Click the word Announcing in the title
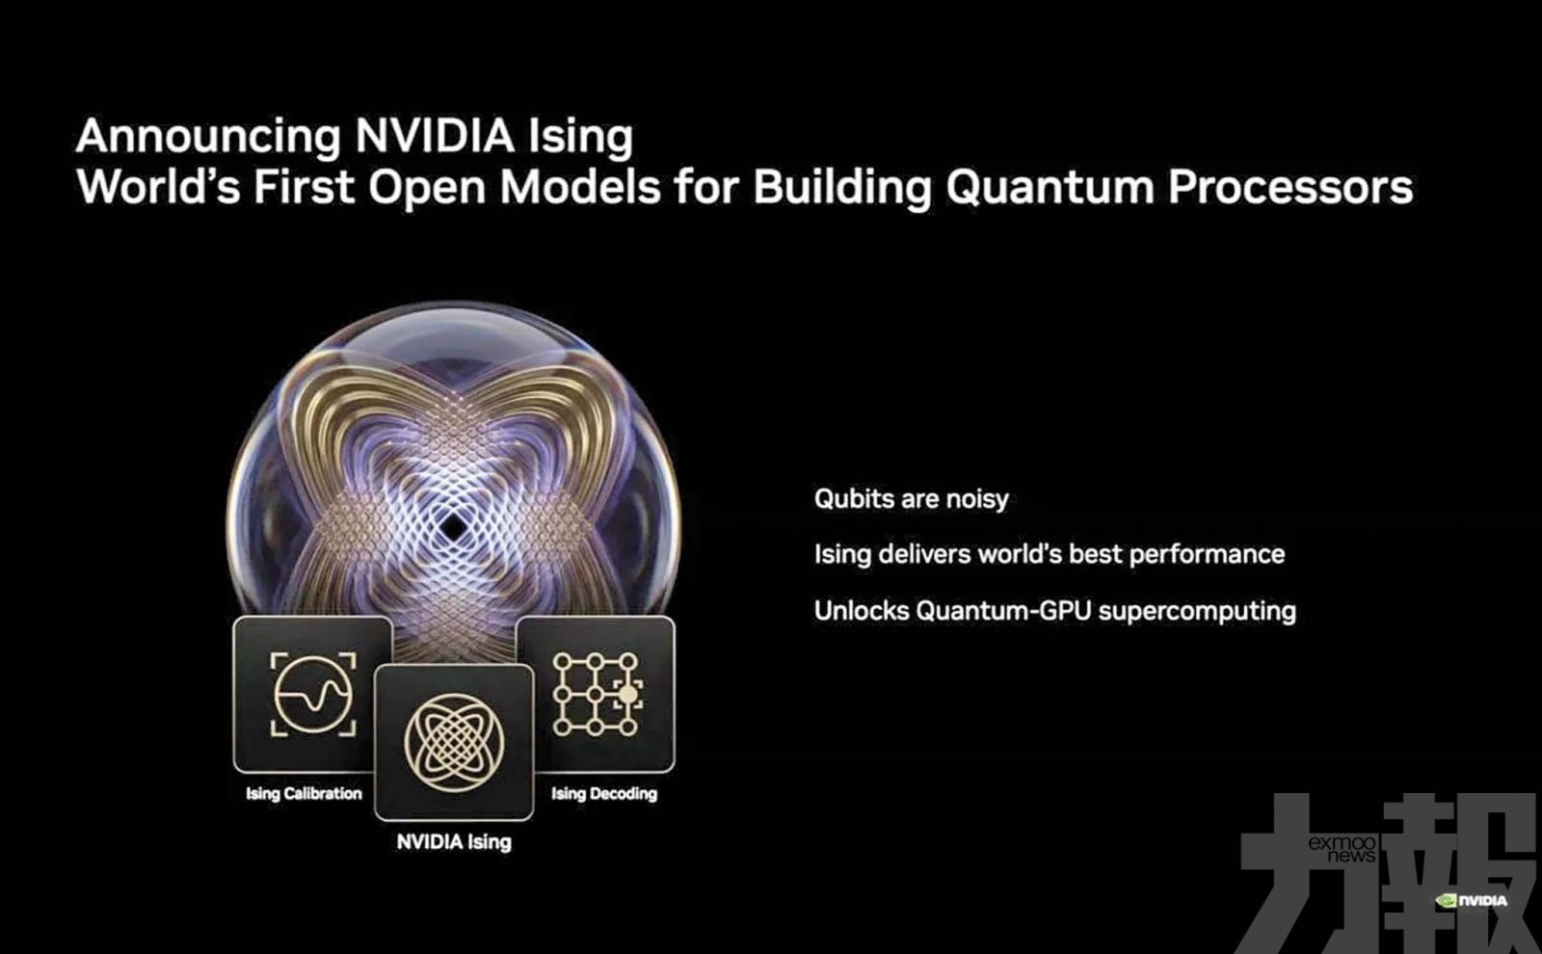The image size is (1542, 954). pos(208,136)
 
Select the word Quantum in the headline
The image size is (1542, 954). pos(1050,188)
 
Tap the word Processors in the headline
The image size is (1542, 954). pos(1290,188)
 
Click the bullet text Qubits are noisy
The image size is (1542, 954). pos(912,499)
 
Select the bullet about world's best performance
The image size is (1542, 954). pos(1050,554)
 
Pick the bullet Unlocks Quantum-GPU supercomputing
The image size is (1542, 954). pos(1055,611)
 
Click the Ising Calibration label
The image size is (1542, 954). pos(304,794)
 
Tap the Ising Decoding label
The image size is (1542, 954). pos(603,794)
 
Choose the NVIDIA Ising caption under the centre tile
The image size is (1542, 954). pos(454,842)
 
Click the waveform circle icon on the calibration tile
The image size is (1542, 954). pos(313,693)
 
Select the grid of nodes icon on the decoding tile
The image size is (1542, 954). pos(597,694)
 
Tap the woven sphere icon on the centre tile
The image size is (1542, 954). pos(454,743)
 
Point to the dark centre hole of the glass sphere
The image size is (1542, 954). pos(453,527)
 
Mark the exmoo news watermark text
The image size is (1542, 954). pos(1343,849)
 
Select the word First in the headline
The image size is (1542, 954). pos(305,188)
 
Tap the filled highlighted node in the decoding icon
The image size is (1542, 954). pos(627,695)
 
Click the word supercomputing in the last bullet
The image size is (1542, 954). pos(1197,612)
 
